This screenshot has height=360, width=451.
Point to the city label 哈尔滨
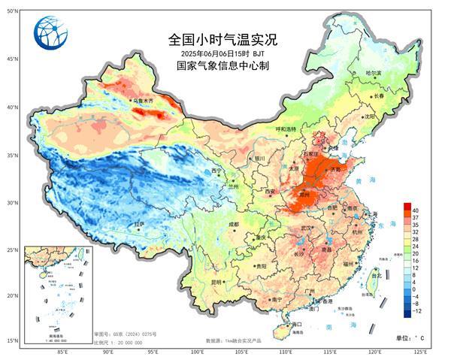(374, 74)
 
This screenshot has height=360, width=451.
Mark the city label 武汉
(305, 228)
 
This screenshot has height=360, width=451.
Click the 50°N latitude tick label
(11, 11)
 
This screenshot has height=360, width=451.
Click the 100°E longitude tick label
(198, 351)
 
